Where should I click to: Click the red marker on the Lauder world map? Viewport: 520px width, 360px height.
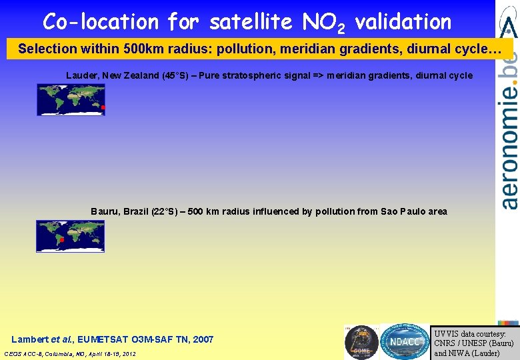(x=103, y=107)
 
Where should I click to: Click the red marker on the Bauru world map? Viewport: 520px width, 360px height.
(x=61, y=239)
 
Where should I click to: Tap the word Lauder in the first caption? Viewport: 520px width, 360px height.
(x=81, y=75)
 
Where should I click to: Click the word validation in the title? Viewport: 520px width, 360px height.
(x=403, y=22)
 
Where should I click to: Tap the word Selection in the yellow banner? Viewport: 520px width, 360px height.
(x=42, y=49)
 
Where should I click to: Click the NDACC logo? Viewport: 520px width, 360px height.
(x=404, y=341)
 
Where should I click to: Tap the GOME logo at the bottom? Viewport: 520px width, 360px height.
(x=361, y=341)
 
